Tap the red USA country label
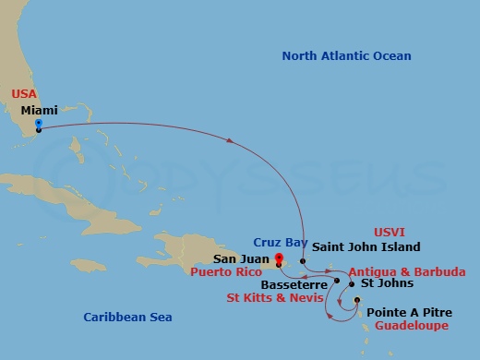[25, 94]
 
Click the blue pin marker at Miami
[38, 124]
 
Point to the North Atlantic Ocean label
[346, 56]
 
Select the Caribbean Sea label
[126, 317]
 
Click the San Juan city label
[241, 259]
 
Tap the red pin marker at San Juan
[277, 259]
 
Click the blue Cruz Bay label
[278, 243]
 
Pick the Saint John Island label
[366, 246]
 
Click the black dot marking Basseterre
[338, 281]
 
